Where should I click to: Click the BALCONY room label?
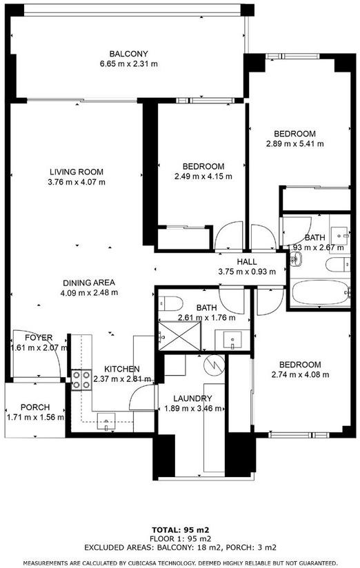[x=129, y=54]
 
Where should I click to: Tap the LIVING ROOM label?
[x=77, y=172]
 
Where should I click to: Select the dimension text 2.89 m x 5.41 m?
[x=295, y=144]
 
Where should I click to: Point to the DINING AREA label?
[x=89, y=283]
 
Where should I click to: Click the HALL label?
[x=247, y=261]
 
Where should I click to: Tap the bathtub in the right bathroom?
[x=320, y=293]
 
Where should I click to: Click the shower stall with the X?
[x=180, y=336]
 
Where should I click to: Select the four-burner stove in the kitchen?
[x=81, y=380]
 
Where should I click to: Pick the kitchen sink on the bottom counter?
[x=106, y=421]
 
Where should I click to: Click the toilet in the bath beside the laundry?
[x=170, y=303]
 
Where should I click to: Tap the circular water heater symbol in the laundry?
[x=214, y=365]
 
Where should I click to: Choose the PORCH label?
[x=35, y=407]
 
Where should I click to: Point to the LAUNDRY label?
[x=192, y=399]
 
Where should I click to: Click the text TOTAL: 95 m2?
[x=180, y=530]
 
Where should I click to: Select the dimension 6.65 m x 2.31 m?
[x=129, y=64]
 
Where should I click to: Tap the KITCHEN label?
[x=122, y=369]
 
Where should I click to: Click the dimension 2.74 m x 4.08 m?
[x=300, y=375]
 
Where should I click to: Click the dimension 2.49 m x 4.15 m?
[x=203, y=176]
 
